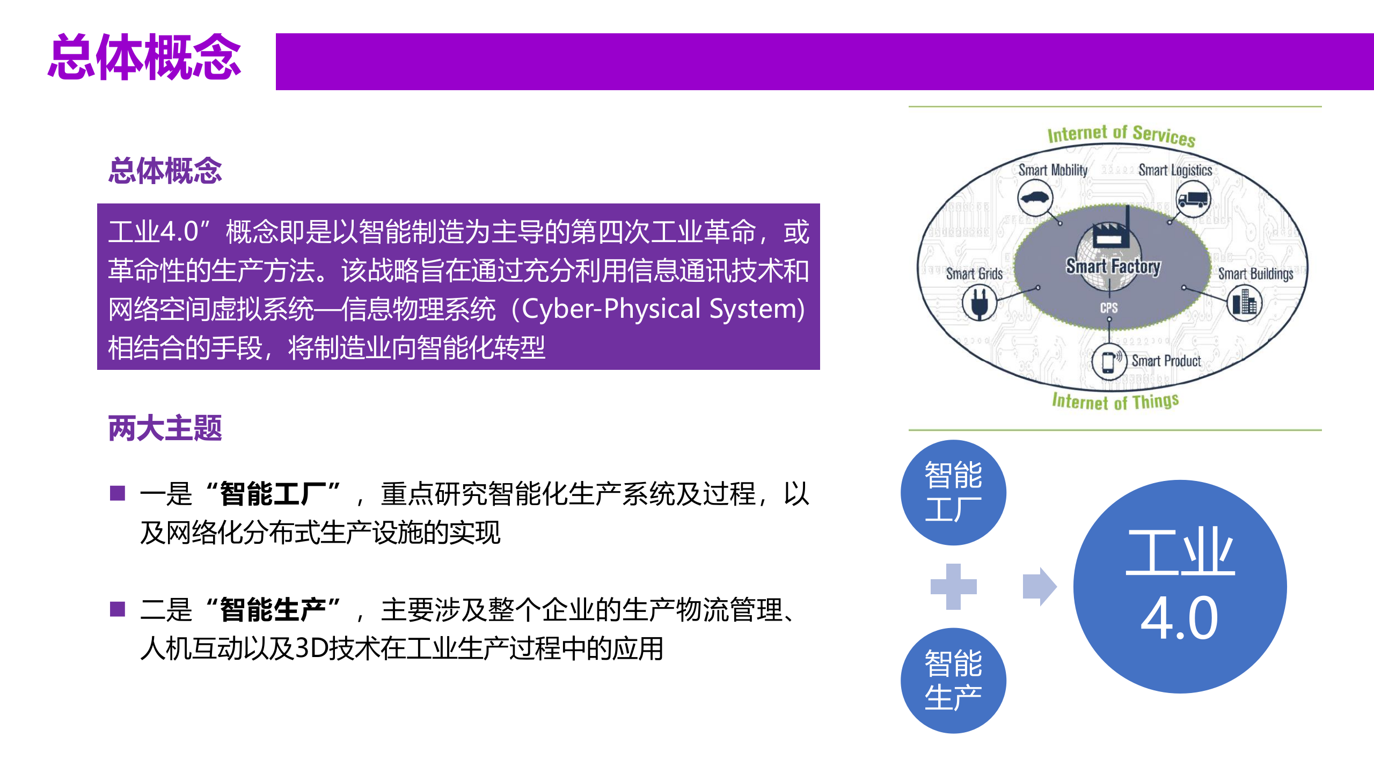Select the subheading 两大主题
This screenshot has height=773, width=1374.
165,428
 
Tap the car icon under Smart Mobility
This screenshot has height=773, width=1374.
1035,198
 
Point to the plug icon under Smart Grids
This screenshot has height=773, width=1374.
979,302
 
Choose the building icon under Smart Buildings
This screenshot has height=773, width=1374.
1244,303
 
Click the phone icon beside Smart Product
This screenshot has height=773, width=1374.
1108,362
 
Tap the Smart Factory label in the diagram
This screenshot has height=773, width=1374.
1113,266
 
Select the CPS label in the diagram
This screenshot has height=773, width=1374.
1109,308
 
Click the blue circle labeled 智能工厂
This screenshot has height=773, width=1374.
953,492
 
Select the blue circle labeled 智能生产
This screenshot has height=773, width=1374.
953,680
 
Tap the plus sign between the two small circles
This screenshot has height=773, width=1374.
953,586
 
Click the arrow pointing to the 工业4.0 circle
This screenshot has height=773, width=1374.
1039,586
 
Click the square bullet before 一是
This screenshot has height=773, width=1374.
118,493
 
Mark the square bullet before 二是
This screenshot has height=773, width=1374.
118,609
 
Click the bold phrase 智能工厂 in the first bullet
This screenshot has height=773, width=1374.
273,494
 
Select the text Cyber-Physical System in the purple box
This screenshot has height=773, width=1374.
663,309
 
